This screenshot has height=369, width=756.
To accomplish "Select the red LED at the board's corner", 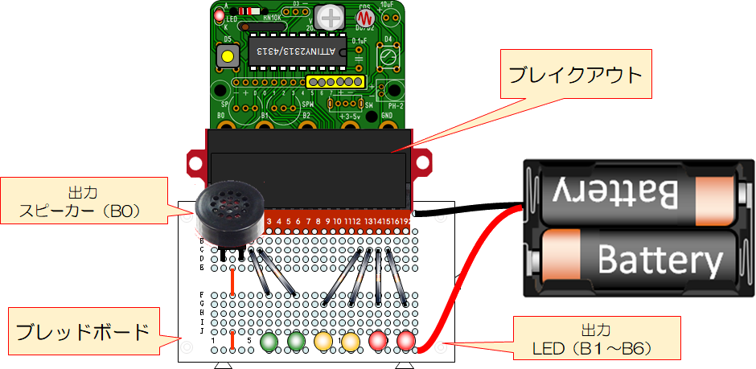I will tap(219, 15).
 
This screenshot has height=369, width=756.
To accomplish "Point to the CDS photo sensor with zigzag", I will tap(366, 17).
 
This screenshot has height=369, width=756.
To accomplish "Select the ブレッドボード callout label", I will tap(83, 330).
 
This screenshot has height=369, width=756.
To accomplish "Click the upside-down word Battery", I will tap(614, 193).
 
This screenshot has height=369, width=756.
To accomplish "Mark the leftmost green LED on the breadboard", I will tap(269, 342).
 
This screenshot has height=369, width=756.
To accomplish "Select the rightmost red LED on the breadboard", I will tap(405, 342).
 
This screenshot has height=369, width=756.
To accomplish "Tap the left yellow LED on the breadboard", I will tap(323, 342).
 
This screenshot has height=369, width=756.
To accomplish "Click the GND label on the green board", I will tap(386, 116).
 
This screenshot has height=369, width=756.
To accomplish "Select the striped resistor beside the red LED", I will tap(249, 11).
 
